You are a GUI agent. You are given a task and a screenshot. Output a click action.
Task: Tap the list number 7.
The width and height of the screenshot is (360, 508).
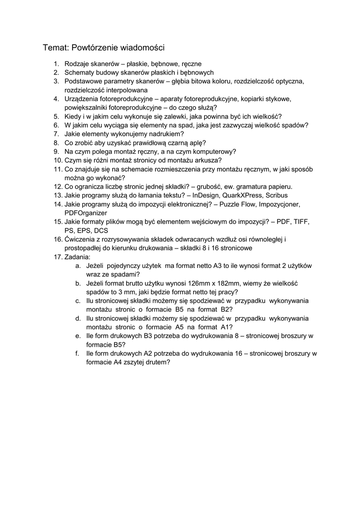coord(57,134)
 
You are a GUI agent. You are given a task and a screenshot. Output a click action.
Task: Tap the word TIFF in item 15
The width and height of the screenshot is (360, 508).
coord(301,222)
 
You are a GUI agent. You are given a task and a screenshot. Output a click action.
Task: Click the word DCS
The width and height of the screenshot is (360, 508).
coord(101,231)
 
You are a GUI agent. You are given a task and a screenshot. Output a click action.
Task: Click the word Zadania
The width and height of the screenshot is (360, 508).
coord(77,257)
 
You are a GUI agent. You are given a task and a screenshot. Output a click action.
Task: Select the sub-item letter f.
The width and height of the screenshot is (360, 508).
coord(77,353)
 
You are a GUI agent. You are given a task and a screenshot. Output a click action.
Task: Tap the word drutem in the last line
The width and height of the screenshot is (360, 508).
coord(157,362)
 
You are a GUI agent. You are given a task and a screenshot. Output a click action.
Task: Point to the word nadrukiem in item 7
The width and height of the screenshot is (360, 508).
coord(167,134)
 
